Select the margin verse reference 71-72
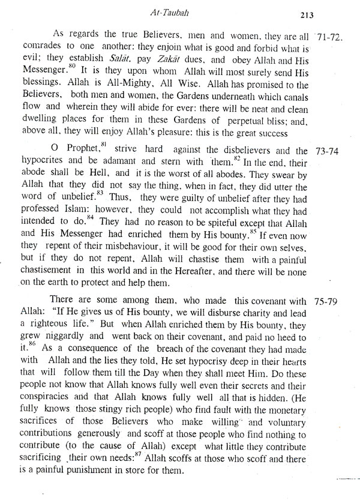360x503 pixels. click(x=328, y=37)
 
